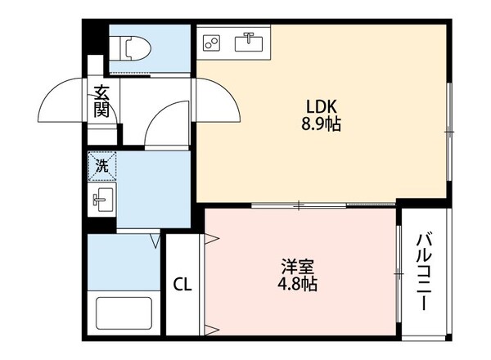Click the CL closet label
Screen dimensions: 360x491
[182, 285]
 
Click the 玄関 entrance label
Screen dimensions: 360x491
[101, 101]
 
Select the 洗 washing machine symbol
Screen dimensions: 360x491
[102, 167]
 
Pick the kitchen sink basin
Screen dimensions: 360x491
[248, 41]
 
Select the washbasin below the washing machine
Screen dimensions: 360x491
[102, 199]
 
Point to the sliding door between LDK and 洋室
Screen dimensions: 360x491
[299, 205]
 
